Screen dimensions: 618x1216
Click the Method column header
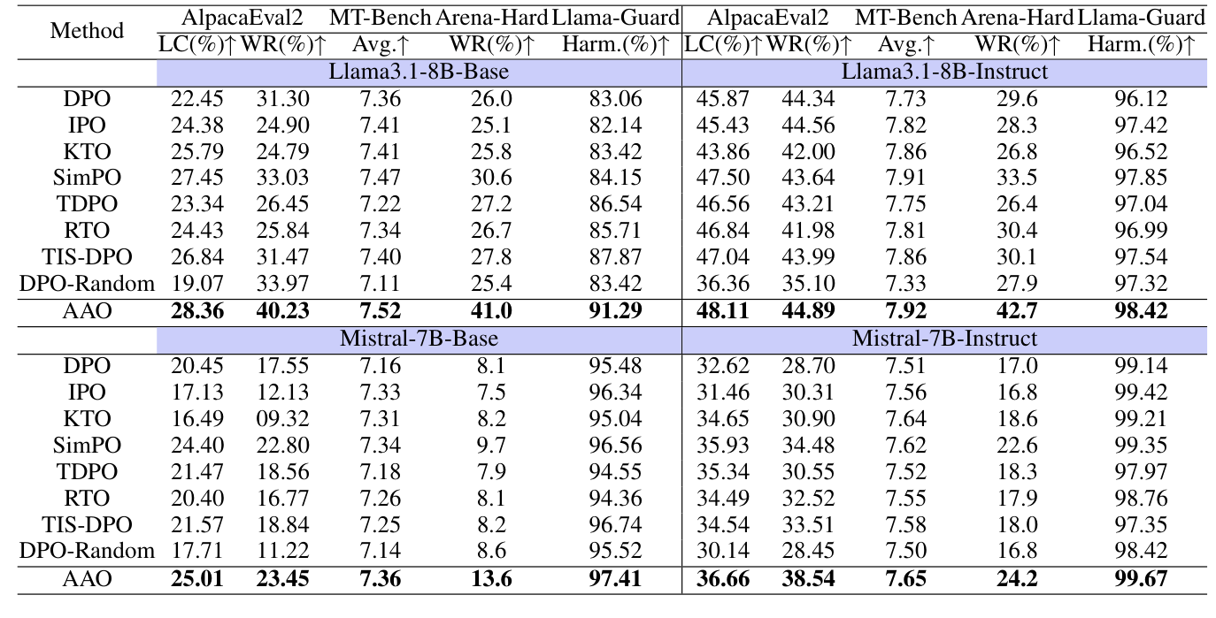point(87,31)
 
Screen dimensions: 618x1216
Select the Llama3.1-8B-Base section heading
point(419,72)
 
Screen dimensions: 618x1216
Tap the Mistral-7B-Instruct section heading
point(944,339)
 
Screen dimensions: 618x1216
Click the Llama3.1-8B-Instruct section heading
point(944,72)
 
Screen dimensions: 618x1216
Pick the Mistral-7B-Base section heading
point(419,339)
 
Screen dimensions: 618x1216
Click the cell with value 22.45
point(197,99)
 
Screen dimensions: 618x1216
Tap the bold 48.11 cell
point(723,311)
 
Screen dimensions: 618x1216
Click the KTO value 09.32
point(282,418)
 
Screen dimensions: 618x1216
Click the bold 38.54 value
point(807,579)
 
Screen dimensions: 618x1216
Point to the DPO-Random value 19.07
point(197,284)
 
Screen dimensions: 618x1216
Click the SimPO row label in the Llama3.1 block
point(87,179)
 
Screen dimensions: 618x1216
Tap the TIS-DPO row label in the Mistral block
point(87,525)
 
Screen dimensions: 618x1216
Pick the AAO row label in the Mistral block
point(87,579)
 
